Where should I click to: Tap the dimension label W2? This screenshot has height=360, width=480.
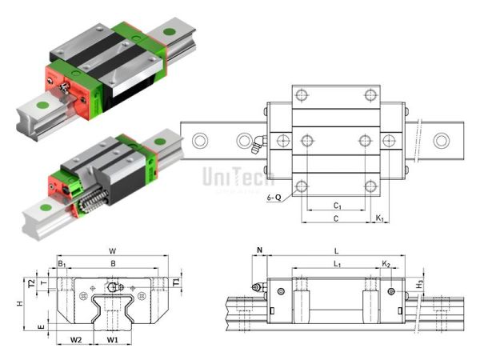pos(75,340)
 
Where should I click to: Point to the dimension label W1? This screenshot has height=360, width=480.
pos(113,340)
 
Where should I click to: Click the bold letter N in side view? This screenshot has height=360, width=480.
pos(260,250)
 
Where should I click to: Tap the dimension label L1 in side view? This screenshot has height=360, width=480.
pos(337,262)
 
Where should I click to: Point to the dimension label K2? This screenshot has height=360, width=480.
pos(386,262)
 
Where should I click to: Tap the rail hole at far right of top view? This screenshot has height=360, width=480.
pos(440,142)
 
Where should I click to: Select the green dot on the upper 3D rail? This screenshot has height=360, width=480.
pos(169,33)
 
